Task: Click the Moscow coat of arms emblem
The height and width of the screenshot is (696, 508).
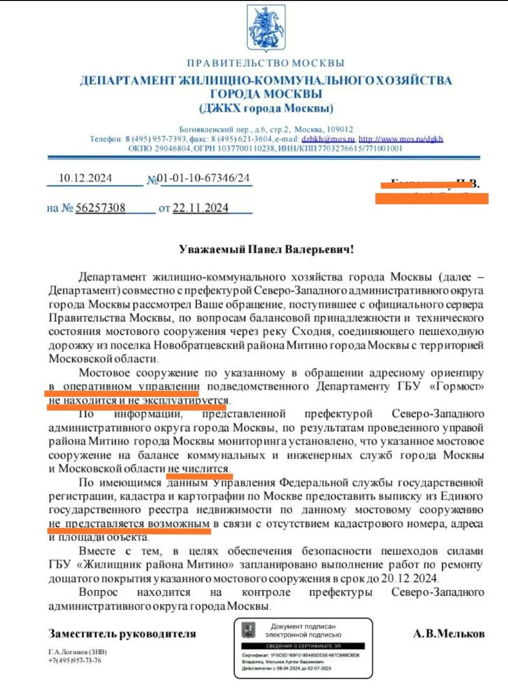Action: [266, 28]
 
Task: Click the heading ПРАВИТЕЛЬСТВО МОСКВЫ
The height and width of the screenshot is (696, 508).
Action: [266, 63]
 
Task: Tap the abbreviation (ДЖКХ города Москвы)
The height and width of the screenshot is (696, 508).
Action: [266, 109]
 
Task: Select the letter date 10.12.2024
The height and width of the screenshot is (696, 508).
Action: [85, 178]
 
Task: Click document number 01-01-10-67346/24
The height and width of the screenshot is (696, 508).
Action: [203, 178]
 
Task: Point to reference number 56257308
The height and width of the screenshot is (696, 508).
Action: [101, 208]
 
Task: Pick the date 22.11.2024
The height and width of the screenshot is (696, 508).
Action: [200, 208]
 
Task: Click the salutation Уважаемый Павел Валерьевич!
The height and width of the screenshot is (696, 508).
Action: [266, 249]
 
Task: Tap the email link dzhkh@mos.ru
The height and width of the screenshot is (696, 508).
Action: [328, 139]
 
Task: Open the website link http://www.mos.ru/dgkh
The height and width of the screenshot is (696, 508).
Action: [401, 139]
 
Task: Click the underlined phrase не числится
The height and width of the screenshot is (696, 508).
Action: [198, 469]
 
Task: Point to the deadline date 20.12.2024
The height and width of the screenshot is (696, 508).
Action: [409, 578]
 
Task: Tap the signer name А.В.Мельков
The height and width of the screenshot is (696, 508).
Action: [449, 634]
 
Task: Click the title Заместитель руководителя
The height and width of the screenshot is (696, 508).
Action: [122, 634]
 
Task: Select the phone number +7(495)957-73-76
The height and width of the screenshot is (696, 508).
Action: [75, 660]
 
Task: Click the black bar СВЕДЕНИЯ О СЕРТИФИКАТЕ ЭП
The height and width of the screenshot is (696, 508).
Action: [303, 646]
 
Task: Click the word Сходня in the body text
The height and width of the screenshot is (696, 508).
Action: [310, 332]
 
